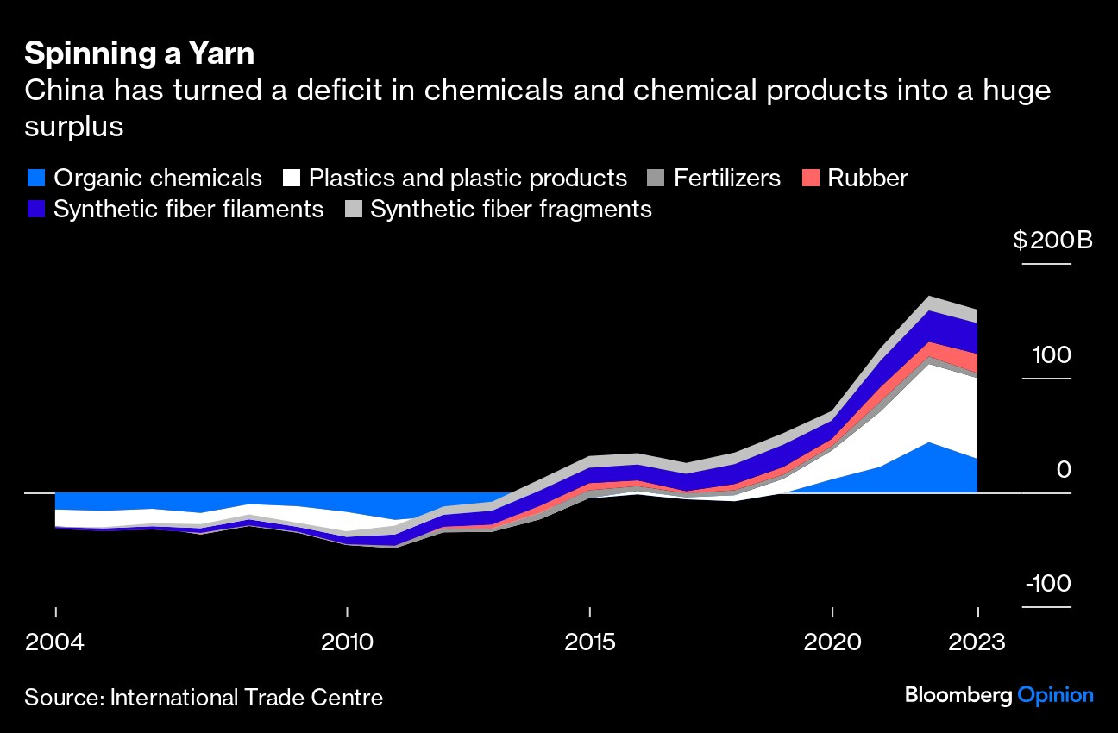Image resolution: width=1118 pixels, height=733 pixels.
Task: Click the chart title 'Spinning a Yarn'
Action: [x=139, y=53]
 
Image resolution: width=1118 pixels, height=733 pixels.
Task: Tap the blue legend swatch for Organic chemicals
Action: [x=35, y=179]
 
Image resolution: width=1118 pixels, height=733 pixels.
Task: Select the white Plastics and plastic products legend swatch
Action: [x=292, y=179]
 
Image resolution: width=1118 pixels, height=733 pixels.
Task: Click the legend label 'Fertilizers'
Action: [x=726, y=179]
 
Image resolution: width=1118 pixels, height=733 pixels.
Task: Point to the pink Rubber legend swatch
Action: [x=810, y=179]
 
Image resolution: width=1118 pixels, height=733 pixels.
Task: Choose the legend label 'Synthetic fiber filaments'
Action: [x=188, y=209]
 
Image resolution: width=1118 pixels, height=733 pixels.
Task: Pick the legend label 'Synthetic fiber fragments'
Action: [x=511, y=209]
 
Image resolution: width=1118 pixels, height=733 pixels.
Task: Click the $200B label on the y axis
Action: [x=1052, y=240]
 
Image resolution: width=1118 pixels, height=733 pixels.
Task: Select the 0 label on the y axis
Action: [x=1063, y=470]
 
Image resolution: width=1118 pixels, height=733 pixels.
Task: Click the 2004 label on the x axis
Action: [x=55, y=642]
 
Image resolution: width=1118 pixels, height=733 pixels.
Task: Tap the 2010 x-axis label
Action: [x=347, y=642]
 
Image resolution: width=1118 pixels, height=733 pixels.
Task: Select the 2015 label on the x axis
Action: [x=589, y=642]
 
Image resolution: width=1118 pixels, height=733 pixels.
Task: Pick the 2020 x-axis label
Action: [x=832, y=642]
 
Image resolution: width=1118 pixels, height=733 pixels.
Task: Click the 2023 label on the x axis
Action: [x=977, y=642]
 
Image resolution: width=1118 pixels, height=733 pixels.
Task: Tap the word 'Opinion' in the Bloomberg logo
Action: [x=1056, y=695]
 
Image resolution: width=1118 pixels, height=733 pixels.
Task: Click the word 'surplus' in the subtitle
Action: [x=73, y=126]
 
